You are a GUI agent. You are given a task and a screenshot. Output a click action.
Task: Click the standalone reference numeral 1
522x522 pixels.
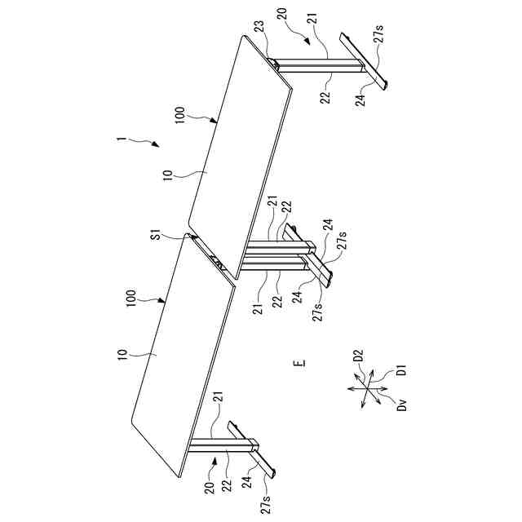119,139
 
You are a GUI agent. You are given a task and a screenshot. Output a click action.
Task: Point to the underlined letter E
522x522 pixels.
300,361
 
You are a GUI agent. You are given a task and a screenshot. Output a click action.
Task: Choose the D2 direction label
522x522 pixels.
356,356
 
